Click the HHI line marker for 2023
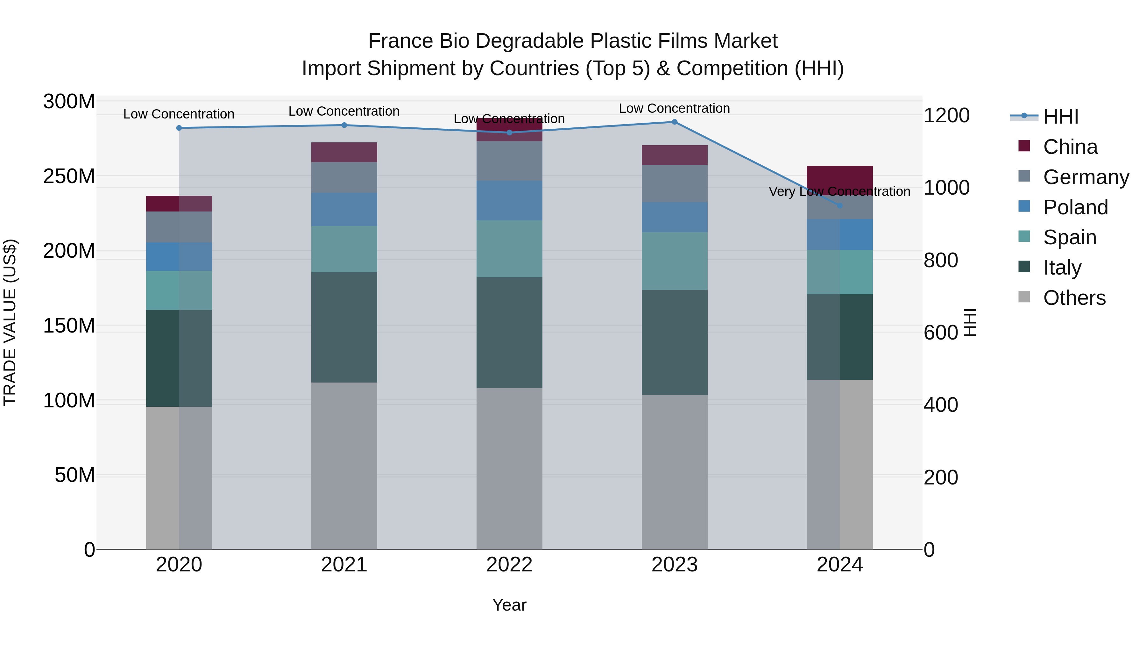point(675,122)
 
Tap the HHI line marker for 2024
point(839,206)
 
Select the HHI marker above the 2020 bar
point(179,128)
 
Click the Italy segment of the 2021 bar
point(344,327)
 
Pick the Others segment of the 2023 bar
point(675,472)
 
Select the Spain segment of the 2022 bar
point(509,249)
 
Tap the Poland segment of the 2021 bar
point(344,209)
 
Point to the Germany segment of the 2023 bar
point(675,184)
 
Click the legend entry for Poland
point(1075,207)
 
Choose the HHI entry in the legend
point(1061,117)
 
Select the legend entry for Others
point(1074,298)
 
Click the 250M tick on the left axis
point(69,176)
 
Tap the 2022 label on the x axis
point(509,565)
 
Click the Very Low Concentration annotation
point(839,191)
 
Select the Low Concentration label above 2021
point(344,111)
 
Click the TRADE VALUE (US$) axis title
point(10,322)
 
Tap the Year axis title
point(509,605)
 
